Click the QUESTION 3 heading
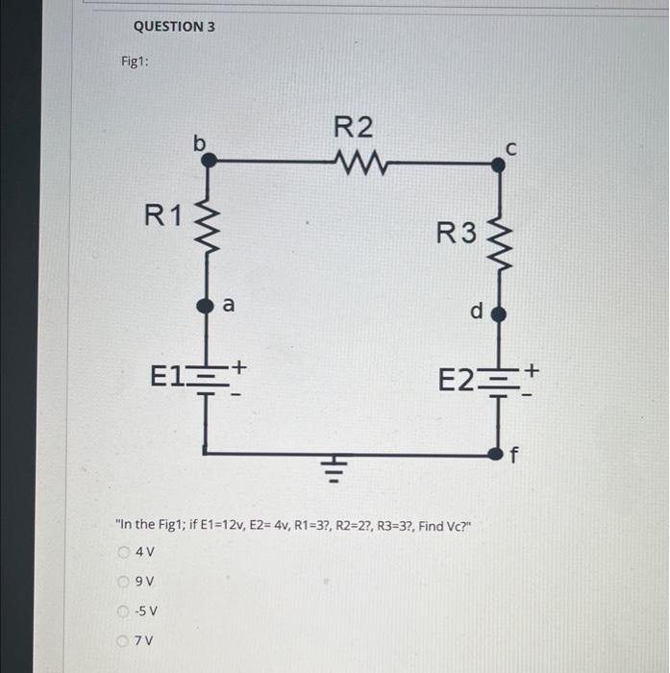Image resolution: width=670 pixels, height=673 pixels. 174,27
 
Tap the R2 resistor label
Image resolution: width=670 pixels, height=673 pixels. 353,127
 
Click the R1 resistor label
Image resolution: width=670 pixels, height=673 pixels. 162,214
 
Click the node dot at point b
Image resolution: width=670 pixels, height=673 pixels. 207,164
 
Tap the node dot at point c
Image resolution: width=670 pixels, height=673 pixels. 497,164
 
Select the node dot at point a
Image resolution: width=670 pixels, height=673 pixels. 205,307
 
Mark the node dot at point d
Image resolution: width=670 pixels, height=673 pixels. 497,314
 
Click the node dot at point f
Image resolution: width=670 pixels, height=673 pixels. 496,453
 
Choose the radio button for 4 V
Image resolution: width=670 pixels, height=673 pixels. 124,552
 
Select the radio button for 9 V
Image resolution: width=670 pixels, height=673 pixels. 124,581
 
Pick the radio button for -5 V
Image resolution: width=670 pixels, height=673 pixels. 124,611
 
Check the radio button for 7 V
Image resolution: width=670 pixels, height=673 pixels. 124,639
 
